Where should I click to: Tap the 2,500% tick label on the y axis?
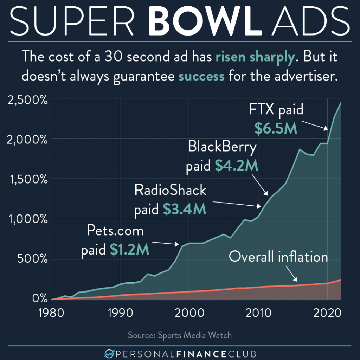point(25,99)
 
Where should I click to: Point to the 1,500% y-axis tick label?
point(25,179)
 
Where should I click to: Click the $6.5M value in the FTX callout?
point(276,129)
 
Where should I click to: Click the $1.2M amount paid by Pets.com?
point(130,250)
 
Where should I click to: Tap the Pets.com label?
point(116,232)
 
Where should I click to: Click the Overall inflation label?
point(278,257)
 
